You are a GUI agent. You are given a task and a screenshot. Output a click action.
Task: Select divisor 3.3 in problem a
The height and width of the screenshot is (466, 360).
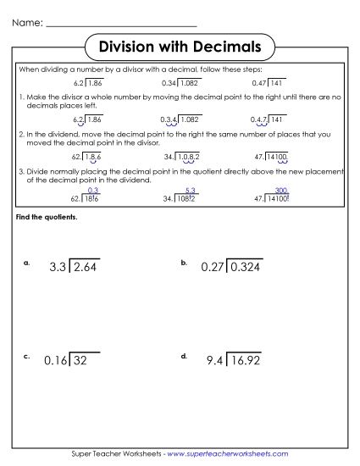point(58,268)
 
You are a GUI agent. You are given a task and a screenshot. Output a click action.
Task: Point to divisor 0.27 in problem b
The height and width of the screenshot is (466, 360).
point(215,268)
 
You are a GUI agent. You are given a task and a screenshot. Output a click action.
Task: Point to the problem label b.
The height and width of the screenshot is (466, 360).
point(184,264)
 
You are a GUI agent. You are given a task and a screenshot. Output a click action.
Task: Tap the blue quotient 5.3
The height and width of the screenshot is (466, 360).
point(191,191)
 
